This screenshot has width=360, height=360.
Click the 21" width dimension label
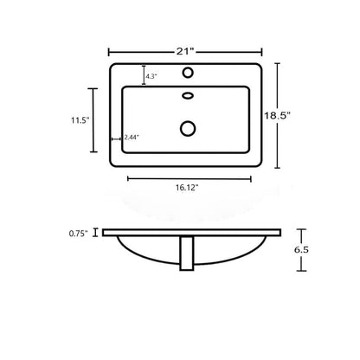(184, 52)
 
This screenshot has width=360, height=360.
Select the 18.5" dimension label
(277, 116)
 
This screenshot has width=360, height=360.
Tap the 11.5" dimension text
(80, 120)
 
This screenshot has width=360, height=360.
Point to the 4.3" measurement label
(151, 76)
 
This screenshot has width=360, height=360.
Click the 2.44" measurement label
(132, 138)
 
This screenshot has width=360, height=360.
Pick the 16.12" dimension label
(188, 188)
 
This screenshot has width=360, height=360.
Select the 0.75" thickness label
(78, 234)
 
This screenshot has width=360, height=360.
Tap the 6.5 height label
(301, 250)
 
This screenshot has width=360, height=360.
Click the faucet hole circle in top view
(188, 73)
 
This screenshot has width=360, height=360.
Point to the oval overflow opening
(188, 95)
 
